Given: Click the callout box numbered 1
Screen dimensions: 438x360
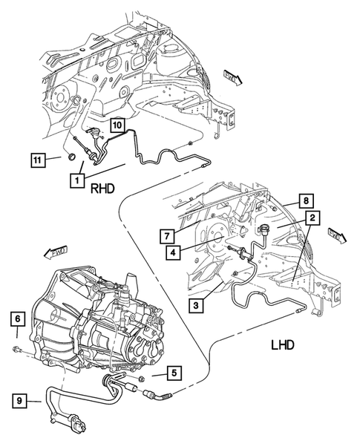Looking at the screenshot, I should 78,179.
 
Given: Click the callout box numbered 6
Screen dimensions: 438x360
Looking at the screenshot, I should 16,319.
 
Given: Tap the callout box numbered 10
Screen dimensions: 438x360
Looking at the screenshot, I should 118,125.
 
